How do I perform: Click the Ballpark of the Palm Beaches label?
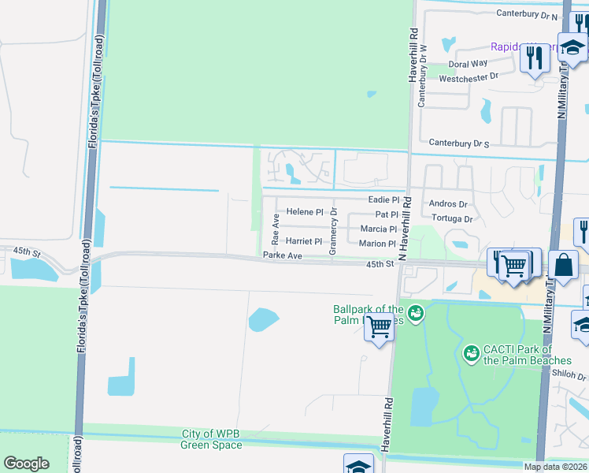[x=368, y=315]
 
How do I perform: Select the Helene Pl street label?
[x=305, y=212]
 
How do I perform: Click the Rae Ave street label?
[x=276, y=227]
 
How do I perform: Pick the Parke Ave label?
[x=283, y=255]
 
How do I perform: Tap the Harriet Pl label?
[x=304, y=241]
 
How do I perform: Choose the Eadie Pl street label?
[x=384, y=200]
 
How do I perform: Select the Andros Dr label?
[x=448, y=203]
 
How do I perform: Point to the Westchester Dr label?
[x=469, y=77]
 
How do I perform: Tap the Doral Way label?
[x=468, y=64]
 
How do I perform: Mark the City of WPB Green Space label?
[x=212, y=439]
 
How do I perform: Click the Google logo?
[x=26, y=464]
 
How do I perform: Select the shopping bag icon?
[x=565, y=265]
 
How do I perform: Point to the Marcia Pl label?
[x=379, y=229]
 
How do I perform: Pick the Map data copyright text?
[x=555, y=467]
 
